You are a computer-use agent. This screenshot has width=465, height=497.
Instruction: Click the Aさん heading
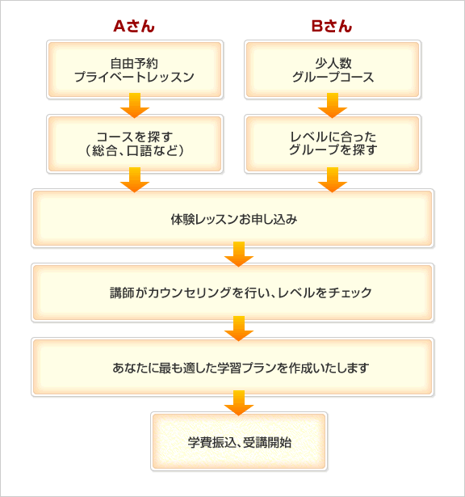coord(134,27)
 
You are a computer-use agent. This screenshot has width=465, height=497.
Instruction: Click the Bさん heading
coord(332,27)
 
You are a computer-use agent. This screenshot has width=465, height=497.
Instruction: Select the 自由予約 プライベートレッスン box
coord(135,69)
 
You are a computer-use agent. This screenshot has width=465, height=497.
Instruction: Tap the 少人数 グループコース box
coord(333,69)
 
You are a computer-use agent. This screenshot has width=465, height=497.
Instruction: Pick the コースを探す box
coord(135,144)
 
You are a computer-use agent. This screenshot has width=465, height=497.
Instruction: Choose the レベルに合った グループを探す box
coord(333,144)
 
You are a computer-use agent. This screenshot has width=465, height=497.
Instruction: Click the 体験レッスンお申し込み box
coord(232,218)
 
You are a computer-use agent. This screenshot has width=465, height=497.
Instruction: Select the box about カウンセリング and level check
coord(232,293)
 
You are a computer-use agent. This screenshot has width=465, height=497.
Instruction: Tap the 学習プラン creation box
coord(232,367)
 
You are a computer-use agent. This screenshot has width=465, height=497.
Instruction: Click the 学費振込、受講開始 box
coord(239,441)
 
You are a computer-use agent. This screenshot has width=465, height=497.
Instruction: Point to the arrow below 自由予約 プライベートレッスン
coord(135,106)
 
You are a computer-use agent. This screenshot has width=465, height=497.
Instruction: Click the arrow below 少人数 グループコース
coord(333,106)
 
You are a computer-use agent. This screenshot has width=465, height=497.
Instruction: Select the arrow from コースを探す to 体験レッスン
coord(135,179)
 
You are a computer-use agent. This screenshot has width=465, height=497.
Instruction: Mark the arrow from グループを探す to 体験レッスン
coord(333,179)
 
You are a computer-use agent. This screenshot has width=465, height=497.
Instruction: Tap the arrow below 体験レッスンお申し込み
coord(239,255)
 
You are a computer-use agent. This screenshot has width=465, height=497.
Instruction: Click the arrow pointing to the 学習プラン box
coord(239,328)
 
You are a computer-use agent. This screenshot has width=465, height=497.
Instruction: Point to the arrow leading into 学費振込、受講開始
coord(239,403)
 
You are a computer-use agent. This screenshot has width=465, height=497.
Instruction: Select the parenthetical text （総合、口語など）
coord(135,150)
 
